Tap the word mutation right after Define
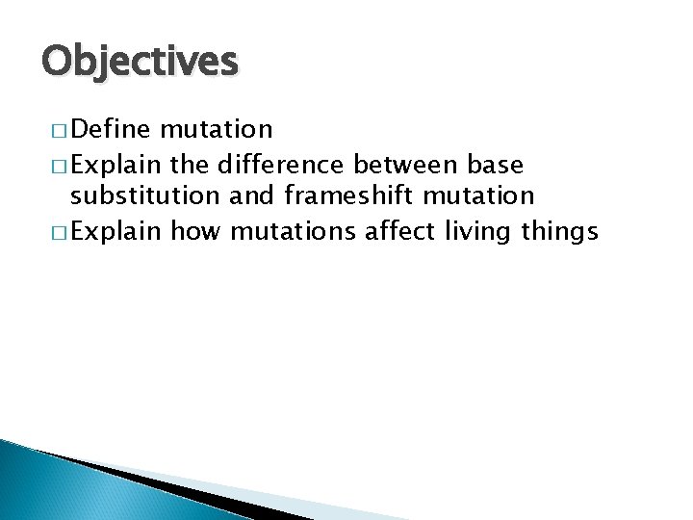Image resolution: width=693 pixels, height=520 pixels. click(x=217, y=129)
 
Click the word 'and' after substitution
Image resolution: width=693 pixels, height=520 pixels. click(x=252, y=196)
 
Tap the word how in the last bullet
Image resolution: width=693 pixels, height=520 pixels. click(x=195, y=231)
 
